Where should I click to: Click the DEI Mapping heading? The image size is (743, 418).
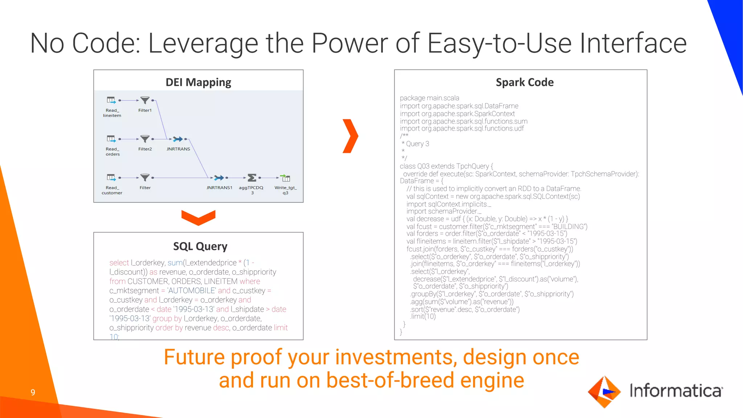(198, 82)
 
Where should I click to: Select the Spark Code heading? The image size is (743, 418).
(524, 82)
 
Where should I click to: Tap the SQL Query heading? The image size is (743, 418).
(200, 246)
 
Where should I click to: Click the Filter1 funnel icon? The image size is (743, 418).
(145, 100)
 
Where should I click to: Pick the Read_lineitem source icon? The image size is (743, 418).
(111, 100)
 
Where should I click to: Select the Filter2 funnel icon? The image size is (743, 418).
(145, 139)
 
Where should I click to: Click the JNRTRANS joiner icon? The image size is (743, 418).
(178, 139)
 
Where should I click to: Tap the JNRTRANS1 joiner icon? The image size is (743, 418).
(219, 178)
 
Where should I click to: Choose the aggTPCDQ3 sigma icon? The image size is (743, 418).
(252, 178)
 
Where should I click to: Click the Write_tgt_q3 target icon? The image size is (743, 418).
(286, 178)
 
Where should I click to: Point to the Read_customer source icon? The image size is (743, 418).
(111, 177)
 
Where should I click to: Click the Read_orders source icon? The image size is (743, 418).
(111, 139)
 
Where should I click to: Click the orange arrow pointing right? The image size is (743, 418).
(350, 136)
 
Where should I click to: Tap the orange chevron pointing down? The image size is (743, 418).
(198, 217)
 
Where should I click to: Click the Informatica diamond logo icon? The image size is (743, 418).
(604, 392)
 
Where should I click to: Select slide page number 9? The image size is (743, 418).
(33, 392)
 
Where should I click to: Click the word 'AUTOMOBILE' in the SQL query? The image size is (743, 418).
(192, 291)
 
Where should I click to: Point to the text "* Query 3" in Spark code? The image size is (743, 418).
(415, 144)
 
